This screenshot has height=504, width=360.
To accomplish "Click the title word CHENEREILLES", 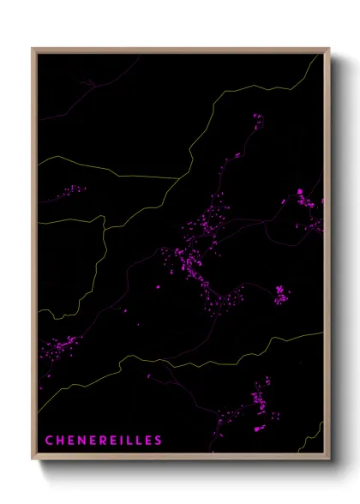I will point(104,440).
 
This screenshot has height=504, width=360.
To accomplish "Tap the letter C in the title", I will point(50,440).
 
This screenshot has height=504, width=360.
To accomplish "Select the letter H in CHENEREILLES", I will point(60,440).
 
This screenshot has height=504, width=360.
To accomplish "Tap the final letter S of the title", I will point(158,440).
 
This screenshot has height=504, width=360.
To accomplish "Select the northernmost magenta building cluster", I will point(255,122).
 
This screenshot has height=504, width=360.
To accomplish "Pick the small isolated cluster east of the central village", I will point(281,295).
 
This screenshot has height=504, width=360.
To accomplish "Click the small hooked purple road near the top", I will point(88,83).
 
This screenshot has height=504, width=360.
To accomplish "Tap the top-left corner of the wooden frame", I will point(33,49).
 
